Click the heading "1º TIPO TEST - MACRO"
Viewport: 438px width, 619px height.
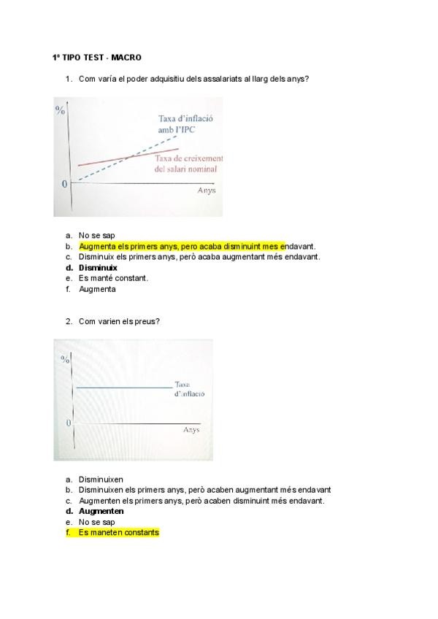coord(97,57)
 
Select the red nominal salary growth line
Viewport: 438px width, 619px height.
coord(109,161)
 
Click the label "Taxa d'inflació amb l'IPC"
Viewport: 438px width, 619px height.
coord(180,123)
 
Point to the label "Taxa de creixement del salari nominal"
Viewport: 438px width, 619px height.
coord(188,164)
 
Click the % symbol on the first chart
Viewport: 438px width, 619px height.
coord(61,110)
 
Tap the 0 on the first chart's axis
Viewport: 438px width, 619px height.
coord(64,184)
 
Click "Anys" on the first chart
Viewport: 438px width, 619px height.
coord(207,190)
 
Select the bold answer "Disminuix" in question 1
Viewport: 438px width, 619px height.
coord(98,267)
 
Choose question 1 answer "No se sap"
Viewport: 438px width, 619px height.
coord(97,236)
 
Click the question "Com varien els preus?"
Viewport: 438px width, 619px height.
coord(119,321)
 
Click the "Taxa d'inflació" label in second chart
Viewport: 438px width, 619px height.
coord(189,388)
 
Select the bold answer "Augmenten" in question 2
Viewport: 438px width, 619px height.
coord(101,511)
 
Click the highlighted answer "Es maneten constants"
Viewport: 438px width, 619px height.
coord(118,533)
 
